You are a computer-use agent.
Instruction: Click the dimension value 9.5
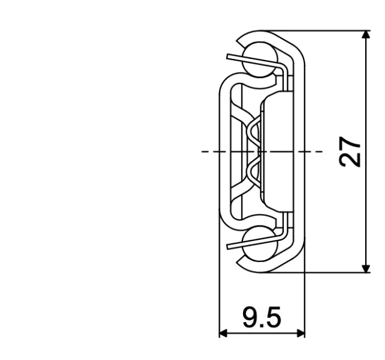(262, 317)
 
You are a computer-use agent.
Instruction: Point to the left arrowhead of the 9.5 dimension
(223, 332)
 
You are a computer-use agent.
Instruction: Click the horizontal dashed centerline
(211, 151)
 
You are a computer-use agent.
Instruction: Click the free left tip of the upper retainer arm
(229, 57)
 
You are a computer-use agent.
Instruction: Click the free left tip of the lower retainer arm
(229, 246)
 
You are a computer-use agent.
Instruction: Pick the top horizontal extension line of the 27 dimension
(319, 31)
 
